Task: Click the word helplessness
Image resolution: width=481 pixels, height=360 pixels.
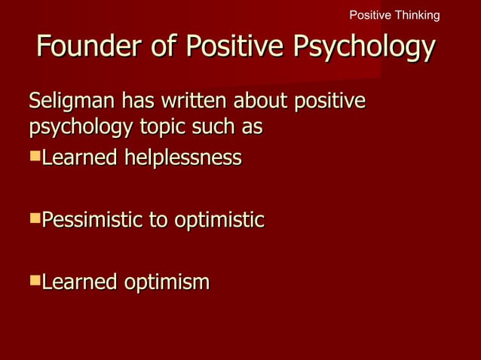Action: (184, 158)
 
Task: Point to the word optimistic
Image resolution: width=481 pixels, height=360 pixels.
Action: (219, 221)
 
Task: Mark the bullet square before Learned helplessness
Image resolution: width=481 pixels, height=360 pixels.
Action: (34, 157)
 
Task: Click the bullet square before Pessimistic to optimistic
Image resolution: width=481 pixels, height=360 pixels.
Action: (34, 220)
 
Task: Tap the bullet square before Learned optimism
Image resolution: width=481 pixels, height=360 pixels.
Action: (34, 282)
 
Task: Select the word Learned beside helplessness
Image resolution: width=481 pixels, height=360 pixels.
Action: (79, 158)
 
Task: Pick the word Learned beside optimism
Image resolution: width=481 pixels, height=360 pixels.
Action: (79, 283)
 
